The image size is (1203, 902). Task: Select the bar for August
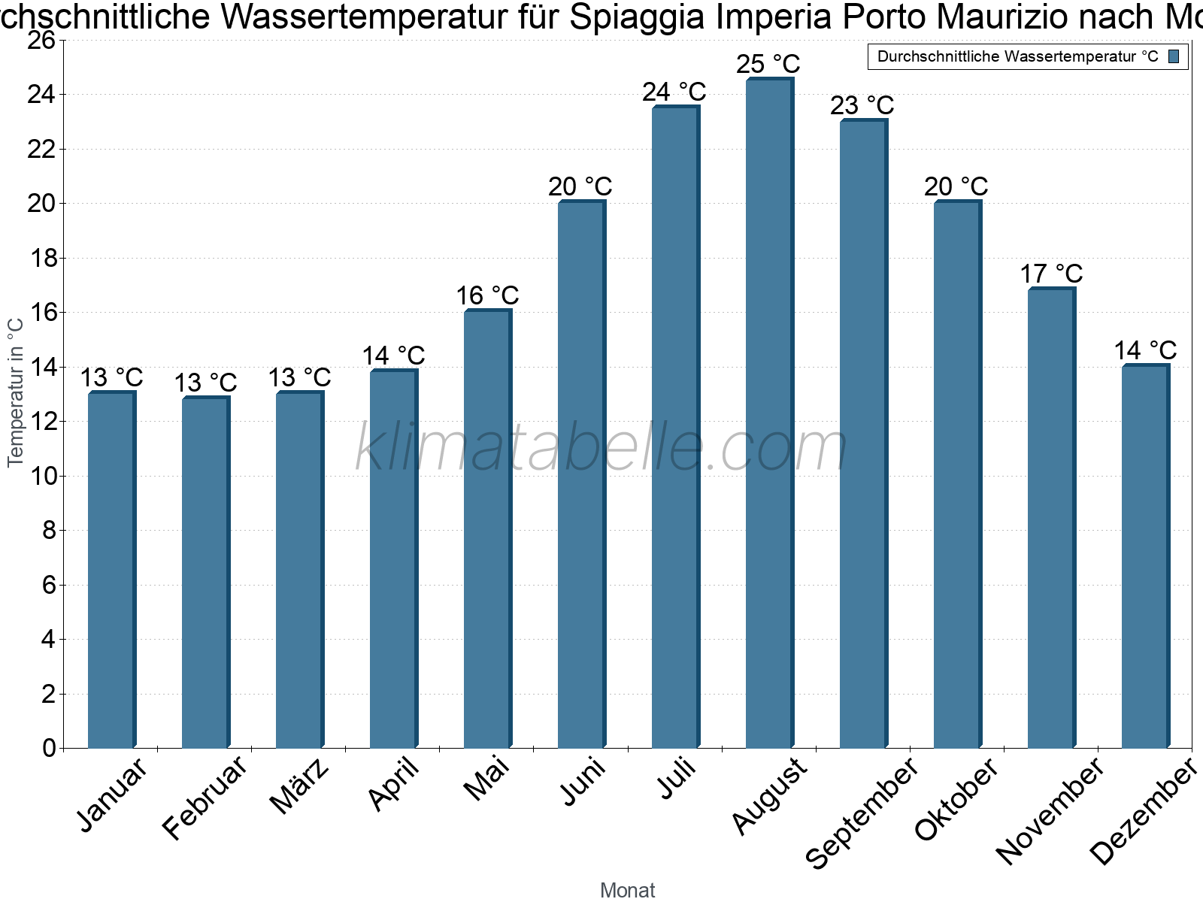769,413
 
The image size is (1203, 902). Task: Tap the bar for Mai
487,529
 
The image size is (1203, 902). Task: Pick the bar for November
1051,519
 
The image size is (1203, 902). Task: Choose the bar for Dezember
1145,556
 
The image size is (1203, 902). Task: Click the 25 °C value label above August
768,64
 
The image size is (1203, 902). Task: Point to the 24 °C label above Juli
674,92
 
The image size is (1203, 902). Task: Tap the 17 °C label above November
1050,274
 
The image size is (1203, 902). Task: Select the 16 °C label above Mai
487,295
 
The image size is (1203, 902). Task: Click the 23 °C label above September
862,105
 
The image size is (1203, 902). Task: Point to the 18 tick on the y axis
42,259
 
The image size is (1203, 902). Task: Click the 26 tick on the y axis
42,40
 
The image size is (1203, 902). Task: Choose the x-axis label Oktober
956,798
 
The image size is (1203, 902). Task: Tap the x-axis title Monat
627,890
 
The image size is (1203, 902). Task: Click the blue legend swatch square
1174,56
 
